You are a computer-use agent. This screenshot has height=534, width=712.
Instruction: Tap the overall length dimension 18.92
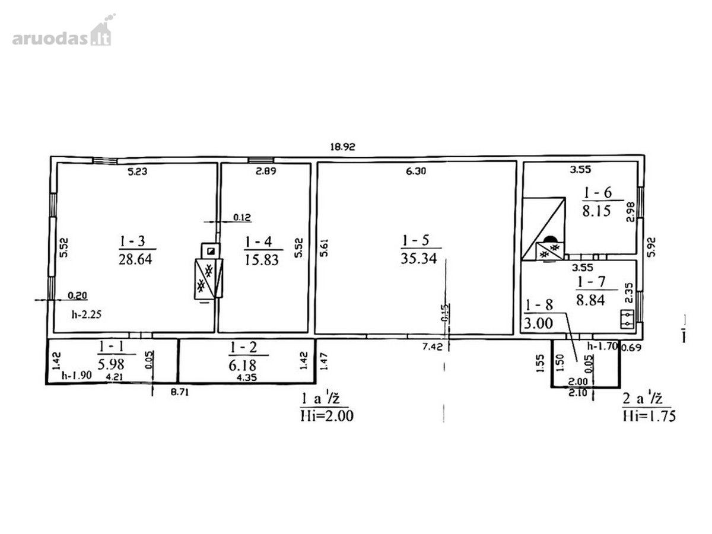tap(342, 147)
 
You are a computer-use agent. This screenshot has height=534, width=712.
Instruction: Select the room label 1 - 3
tap(132, 241)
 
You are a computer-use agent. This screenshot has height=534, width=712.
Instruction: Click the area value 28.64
tap(135, 259)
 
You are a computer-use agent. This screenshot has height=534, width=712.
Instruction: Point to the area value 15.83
tap(262, 260)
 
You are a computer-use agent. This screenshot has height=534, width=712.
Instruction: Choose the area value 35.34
tap(419, 259)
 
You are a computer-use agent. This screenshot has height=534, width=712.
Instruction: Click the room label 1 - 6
tap(597, 193)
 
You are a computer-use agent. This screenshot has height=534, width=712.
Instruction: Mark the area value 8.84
tap(590, 300)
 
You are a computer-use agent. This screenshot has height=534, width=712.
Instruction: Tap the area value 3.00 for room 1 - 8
tap(539, 323)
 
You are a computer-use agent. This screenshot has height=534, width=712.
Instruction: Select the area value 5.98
tap(110, 364)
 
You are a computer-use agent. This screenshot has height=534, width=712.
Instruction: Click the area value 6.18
tap(242, 365)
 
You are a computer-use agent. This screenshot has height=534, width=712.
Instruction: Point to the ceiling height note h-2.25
tap(87, 314)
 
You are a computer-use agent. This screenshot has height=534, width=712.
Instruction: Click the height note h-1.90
tap(77, 375)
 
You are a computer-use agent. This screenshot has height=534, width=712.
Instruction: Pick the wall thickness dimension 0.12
tap(242, 217)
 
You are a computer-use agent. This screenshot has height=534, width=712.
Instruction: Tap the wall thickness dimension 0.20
tap(77, 295)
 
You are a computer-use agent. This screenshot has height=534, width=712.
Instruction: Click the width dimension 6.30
tap(416, 171)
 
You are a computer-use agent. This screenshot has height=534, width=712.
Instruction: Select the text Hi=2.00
tap(327, 416)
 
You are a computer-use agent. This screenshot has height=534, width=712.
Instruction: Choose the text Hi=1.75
tap(649, 416)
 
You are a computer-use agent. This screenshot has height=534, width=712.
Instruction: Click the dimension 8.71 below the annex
tap(180, 392)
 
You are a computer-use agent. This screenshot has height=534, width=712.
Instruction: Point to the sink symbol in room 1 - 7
tap(627, 319)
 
